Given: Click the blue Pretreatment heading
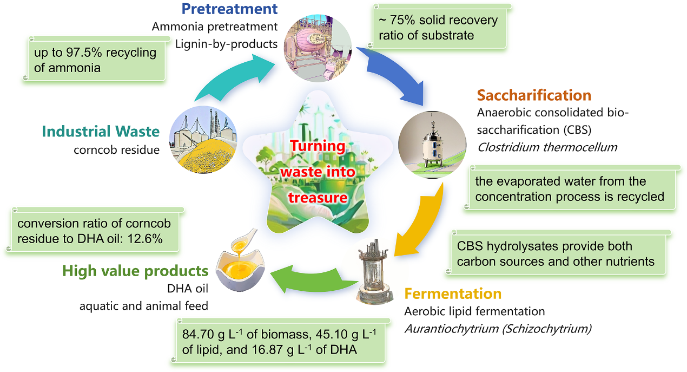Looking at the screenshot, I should [229, 9].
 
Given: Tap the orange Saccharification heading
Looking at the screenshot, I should [533, 96].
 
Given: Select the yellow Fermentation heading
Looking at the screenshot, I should [453, 294].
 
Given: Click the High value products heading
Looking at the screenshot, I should [135, 271].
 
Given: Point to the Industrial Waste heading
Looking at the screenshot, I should [101, 132].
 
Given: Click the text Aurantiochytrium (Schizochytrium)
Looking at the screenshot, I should [498, 328].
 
